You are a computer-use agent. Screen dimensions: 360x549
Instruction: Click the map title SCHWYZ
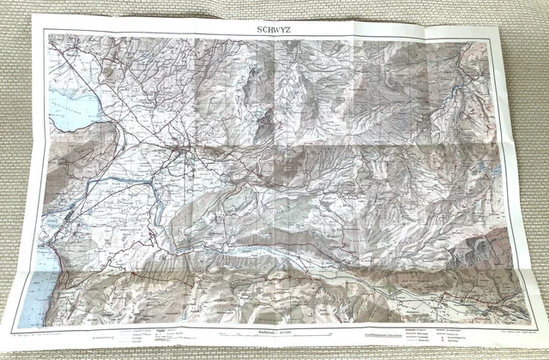272,25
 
